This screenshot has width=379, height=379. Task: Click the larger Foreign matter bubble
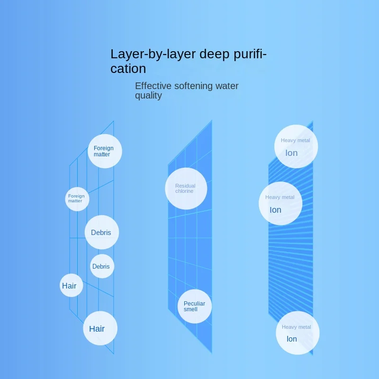pos(105,151)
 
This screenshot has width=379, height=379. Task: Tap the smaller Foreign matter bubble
pos(77,199)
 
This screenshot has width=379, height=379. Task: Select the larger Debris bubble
pos(101,233)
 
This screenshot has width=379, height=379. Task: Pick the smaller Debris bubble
pos(102,266)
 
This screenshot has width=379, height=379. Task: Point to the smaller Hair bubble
pos(71,286)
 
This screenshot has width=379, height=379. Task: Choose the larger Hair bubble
pos(100,328)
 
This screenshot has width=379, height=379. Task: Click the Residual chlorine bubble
pos(186,189)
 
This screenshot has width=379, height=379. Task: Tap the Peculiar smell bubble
pos(195,307)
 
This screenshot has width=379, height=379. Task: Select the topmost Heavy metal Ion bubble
pos(296,146)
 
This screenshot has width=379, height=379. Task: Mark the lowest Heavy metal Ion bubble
pos(297,333)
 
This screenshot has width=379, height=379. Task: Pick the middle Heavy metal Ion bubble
pos(280,203)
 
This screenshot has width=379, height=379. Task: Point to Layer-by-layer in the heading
pos(146,54)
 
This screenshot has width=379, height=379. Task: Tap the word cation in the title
pos(128,69)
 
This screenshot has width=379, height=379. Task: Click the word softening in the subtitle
pos(194,86)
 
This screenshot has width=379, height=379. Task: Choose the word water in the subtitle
pos(227,86)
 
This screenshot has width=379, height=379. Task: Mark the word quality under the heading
pos(148,96)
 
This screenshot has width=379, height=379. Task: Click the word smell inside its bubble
pos(190,309)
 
